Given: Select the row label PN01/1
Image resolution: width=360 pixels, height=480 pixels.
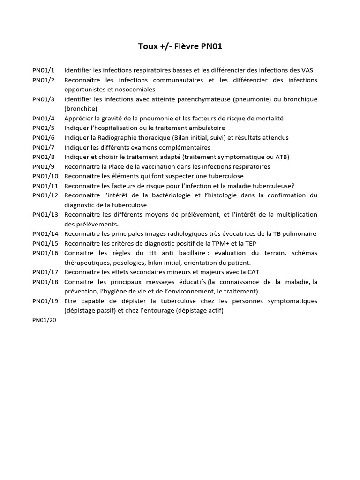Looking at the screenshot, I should point(44,70).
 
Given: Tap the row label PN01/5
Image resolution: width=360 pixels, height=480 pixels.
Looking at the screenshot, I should point(44,128).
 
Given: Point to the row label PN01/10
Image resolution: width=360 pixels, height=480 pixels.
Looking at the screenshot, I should point(45,176).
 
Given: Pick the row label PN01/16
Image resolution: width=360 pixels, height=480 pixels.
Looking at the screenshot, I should point(45,253).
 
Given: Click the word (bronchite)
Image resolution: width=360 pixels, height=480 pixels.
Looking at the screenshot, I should point(81,109).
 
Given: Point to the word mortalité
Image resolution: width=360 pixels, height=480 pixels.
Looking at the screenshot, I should point(267,119).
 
